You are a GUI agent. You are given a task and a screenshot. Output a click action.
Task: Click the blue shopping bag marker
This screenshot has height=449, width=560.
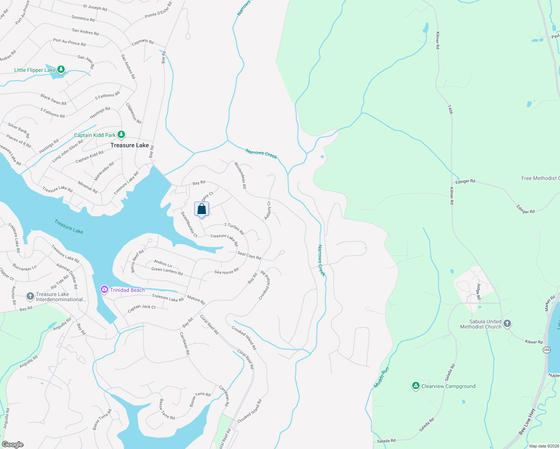(201, 209)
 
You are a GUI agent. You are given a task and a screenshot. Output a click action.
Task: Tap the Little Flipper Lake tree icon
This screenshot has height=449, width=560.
(61, 70)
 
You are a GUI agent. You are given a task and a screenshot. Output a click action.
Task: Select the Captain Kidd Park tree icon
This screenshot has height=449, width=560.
(121, 134)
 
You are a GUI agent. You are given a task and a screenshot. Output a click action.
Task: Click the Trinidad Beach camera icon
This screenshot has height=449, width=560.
(104, 290)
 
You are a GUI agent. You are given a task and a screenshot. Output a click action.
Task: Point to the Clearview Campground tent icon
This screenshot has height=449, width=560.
(416, 386)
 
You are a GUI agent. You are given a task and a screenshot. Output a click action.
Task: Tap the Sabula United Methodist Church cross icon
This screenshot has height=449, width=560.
(507, 324)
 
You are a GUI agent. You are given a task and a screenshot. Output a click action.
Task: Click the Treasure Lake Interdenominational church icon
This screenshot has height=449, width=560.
(30, 297)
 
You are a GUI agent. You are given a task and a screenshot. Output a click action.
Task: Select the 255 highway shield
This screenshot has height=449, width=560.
(547, 350)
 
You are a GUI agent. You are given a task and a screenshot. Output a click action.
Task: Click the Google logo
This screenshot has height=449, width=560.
(13, 444)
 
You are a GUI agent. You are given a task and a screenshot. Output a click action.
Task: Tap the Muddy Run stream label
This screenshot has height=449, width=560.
(381, 377)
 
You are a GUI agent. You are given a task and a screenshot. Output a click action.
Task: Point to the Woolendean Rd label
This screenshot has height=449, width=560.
(240, 175)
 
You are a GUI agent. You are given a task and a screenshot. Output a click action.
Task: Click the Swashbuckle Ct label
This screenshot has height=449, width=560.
(189, 224)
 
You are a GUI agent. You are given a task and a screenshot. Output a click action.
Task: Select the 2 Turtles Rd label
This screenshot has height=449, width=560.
(234, 229)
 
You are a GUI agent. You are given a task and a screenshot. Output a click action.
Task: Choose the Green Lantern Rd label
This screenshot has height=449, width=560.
(167, 271)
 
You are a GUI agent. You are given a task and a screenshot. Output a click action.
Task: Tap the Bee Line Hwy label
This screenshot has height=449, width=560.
(527, 422)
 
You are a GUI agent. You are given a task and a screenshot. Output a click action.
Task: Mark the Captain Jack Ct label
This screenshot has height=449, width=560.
(141, 309)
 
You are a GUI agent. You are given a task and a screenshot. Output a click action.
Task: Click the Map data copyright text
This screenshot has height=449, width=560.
(543, 446)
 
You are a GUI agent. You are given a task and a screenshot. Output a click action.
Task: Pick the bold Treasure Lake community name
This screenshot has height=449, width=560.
(130, 145)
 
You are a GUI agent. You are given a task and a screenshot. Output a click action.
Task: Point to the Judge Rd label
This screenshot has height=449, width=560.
(479, 291)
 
